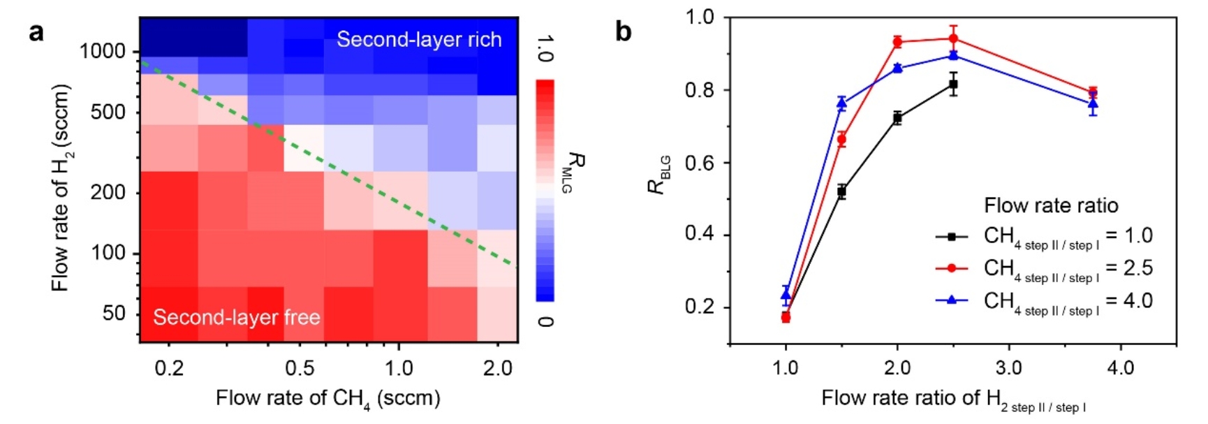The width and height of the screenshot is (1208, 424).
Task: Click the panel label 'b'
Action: pyautogui.click(x=623, y=31)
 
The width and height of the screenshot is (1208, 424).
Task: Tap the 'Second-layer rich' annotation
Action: pyautogui.click(x=419, y=39)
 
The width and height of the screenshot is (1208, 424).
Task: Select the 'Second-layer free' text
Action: pyautogui.click(x=237, y=317)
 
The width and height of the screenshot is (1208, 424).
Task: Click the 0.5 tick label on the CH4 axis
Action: pyautogui.click(x=300, y=367)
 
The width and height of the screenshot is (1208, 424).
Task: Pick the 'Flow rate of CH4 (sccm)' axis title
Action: pyautogui.click(x=327, y=398)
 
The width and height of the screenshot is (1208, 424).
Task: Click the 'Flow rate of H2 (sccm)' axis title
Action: pyautogui.click(x=61, y=188)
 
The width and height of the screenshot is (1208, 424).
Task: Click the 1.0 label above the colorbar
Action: pyautogui.click(x=545, y=49)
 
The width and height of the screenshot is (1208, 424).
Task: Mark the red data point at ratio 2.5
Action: pyautogui.click(x=953, y=38)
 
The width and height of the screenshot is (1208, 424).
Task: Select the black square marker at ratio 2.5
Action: pyautogui.click(x=953, y=85)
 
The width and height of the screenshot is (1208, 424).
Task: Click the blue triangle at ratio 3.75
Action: pyautogui.click(x=1093, y=104)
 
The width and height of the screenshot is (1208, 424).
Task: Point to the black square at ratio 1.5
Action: pyautogui.click(x=841, y=191)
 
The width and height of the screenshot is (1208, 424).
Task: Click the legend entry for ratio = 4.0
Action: pyautogui.click(x=1044, y=301)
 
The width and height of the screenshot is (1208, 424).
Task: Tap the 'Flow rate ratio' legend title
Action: pyautogui.click(x=1051, y=205)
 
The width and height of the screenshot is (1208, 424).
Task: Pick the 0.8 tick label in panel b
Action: pyautogui.click(x=701, y=90)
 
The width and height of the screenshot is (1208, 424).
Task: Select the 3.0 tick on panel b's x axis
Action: pyautogui.click(x=1009, y=367)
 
